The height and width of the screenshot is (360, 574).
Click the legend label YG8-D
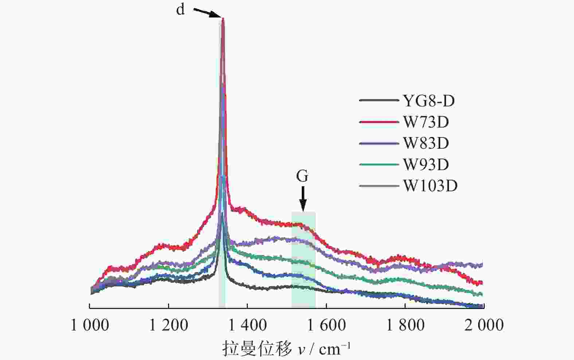click(x=429, y=101)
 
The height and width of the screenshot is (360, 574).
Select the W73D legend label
click(x=426, y=122)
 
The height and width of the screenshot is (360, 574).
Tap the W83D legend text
click(x=426, y=143)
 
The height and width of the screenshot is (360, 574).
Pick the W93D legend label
click(x=426, y=165)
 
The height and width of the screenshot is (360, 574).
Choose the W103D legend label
click(x=430, y=186)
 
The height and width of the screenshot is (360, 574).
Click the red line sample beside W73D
click(x=378, y=122)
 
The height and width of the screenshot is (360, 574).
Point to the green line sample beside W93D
click(x=378, y=165)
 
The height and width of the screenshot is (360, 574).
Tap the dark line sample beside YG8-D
click(x=378, y=101)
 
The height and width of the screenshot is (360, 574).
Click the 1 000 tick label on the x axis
click(x=90, y=325)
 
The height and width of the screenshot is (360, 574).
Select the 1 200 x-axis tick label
click(x=169, y=325)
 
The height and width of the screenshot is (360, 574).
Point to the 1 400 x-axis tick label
click(x=248, y=325)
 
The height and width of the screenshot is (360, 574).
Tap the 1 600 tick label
click(x=327, y=325)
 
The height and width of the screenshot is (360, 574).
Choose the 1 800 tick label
click(x=405, y=325)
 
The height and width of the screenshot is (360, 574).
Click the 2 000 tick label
click(x=484, y=325)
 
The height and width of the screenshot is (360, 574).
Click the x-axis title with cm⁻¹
click(x=286, y=349)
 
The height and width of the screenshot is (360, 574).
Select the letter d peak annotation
click(x=180, y=10)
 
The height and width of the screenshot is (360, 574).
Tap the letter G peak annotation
click(x=302, y=177)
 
